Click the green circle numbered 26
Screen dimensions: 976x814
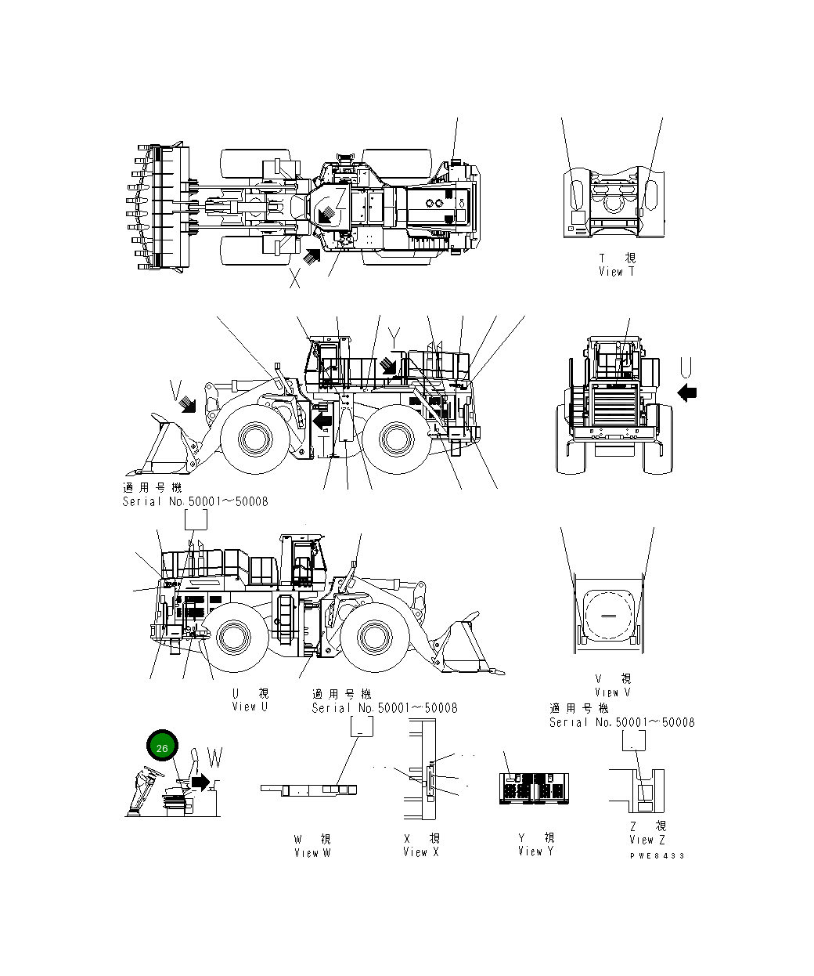click(162, 748)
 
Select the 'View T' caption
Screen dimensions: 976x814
click(616, 272)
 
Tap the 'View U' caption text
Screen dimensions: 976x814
click(250, 707)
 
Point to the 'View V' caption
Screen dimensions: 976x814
click(612, 692)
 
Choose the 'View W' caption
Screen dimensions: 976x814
click(312, 853)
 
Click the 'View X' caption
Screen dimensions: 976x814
click(421, 852)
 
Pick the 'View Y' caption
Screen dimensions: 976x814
click(535, 851)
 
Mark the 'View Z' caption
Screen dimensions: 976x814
click(647, 840)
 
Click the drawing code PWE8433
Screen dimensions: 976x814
click(657, 856)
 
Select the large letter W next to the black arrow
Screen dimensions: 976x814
click(214, 758)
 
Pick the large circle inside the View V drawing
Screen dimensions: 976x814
click(607, 616)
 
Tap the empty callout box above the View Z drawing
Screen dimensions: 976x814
click(633, 742)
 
